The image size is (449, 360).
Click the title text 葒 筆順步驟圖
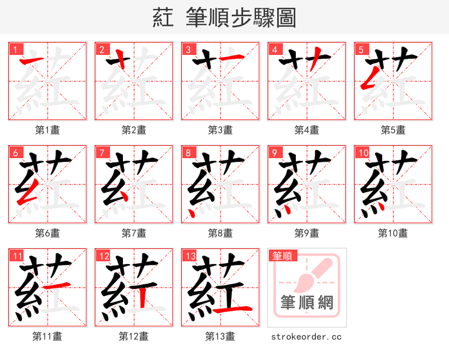tap(224, 17)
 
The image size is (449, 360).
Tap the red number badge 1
tap(15, 50)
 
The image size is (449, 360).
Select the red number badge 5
tap(360, 50)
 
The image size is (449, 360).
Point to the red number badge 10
tap(362, 153)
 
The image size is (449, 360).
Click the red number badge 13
tap(189, 256)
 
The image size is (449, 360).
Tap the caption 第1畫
tap(48, 130)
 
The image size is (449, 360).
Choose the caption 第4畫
tap(307, 130)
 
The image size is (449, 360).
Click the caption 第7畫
tap(134, 233)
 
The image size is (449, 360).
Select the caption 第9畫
tap(307, 233)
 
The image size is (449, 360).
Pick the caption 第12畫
tap(134, 336)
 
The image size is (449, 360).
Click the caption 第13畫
tap(221, 336)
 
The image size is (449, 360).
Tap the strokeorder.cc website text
tap(307, 337)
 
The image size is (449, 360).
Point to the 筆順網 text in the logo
tap(307, 303)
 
